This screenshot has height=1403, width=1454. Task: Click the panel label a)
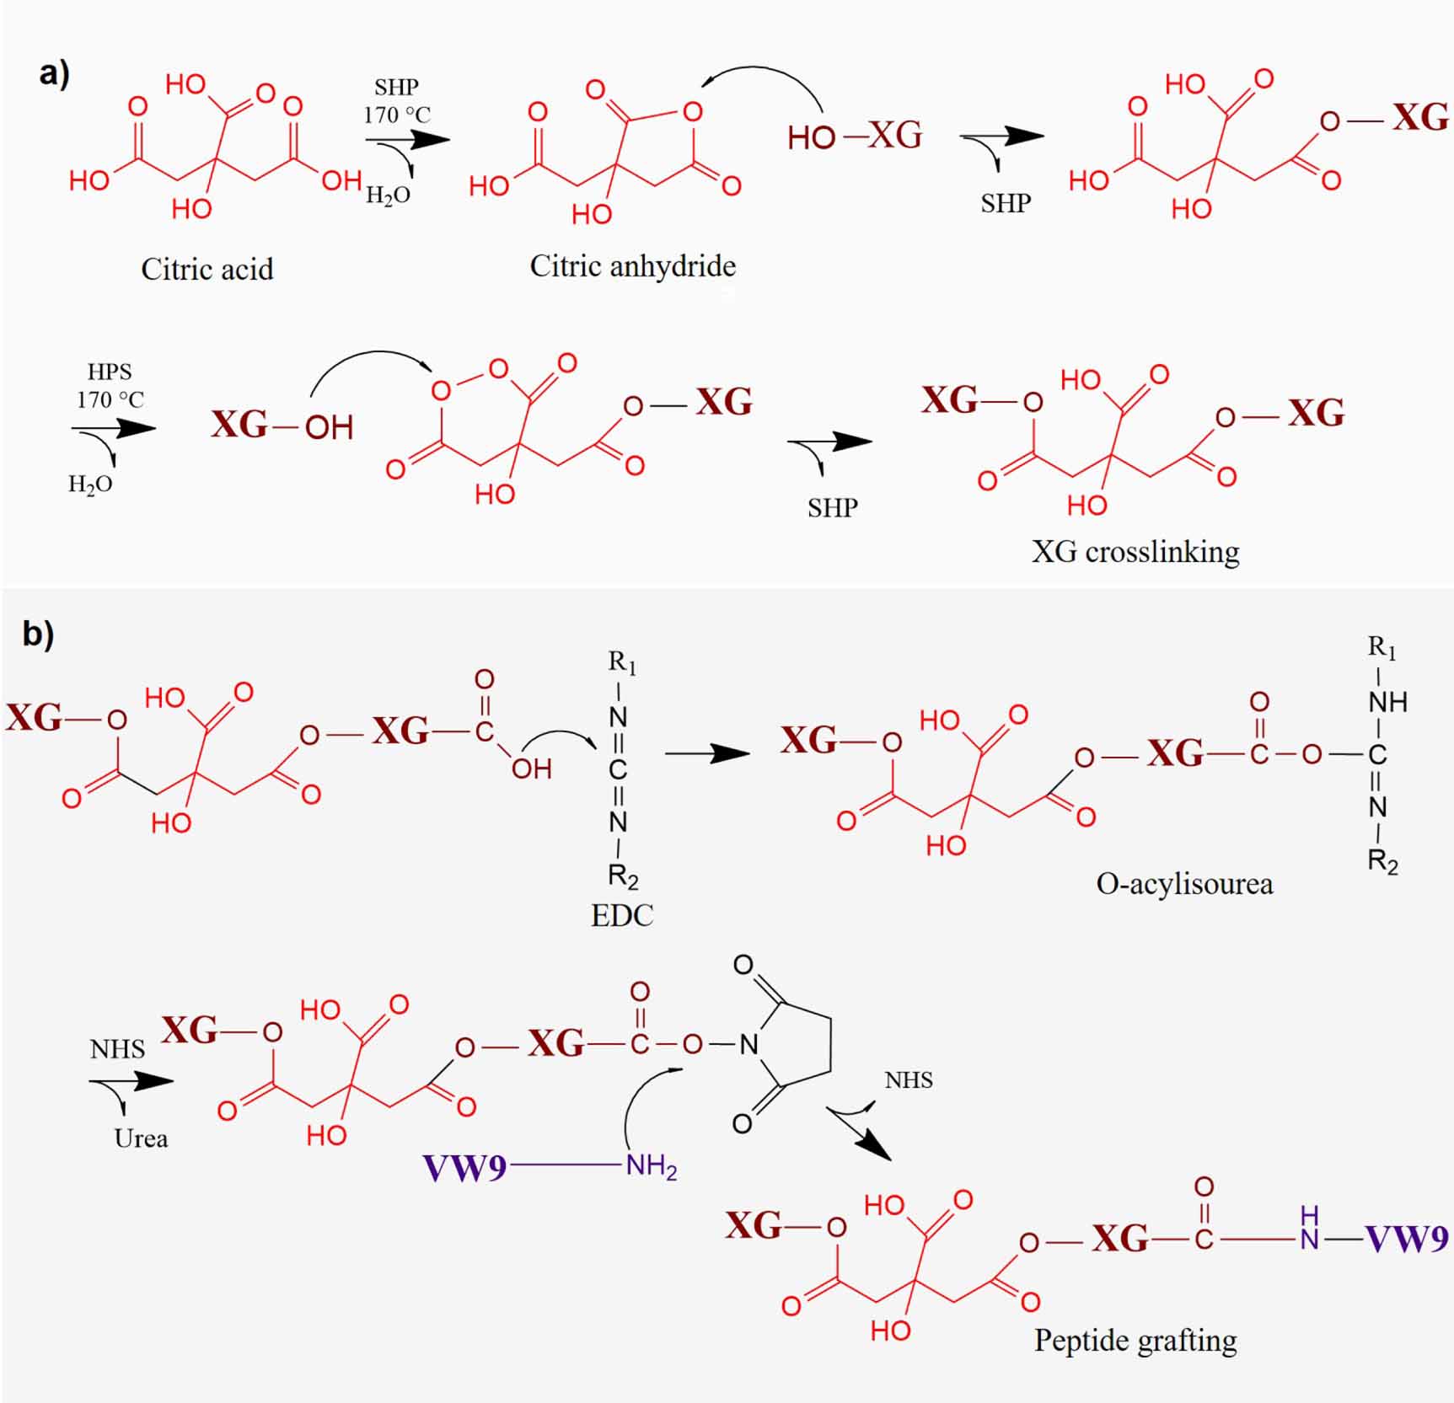tap(54, 74)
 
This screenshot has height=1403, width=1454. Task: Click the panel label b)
tap(38, 634)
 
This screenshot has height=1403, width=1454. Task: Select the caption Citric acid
tap(207, 270)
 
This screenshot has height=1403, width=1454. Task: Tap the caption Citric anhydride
tap(632, 266)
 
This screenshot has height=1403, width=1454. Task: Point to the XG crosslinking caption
tap(1135, 552)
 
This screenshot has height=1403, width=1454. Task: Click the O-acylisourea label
tap(1184, 884)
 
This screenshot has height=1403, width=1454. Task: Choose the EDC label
tap(622, 916)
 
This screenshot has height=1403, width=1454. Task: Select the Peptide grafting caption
tap(1135, 1341)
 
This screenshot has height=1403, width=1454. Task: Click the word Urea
tap(141, 1139)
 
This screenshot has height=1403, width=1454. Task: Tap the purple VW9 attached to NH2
tap(465, 1168)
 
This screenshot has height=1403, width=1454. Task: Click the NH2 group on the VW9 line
tap(651, 1168)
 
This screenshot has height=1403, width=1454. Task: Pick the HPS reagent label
tap(110, 372)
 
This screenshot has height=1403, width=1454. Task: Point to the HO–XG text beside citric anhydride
tap(855, 136)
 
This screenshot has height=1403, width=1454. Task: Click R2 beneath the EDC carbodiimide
tap(623, 876)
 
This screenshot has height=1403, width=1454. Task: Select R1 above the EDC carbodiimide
tap(622, 662)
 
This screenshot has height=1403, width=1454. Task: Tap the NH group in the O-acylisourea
tap(1387, 702)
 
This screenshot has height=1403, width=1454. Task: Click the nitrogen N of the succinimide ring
tap(748, 1046)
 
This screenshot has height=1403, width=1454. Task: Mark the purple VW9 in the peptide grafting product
tap(1407, 1239)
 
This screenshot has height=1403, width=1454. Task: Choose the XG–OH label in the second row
tap(282, 426)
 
